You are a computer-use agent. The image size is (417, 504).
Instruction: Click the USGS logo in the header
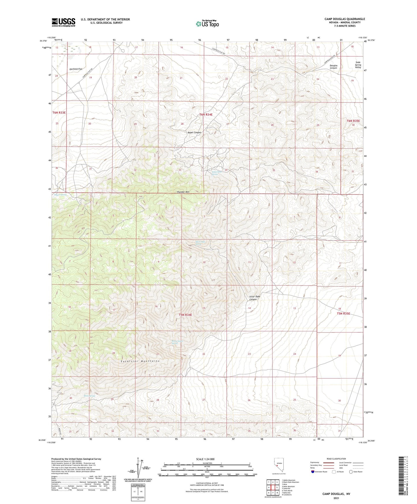click(63, 22)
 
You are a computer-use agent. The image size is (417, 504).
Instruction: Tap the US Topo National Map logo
click(207, 24)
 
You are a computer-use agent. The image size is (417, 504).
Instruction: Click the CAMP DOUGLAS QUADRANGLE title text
click(345, 19)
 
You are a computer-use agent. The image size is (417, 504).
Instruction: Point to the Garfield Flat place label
click(76, 69)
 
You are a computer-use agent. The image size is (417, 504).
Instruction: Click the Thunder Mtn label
click(183, 192)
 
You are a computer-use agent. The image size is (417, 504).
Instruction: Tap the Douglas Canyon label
click(333, 67)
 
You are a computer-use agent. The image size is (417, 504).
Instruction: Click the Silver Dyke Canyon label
click(253, 298)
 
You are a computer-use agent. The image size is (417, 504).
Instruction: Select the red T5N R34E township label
click(185, 315)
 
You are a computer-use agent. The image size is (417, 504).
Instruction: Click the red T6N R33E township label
click(59, 113)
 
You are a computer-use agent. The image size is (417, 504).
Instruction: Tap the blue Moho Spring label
click(89, 396)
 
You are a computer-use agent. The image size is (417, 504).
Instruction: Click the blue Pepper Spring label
click(60, 195)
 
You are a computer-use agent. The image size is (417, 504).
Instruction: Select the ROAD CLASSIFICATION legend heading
click(336, 459)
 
